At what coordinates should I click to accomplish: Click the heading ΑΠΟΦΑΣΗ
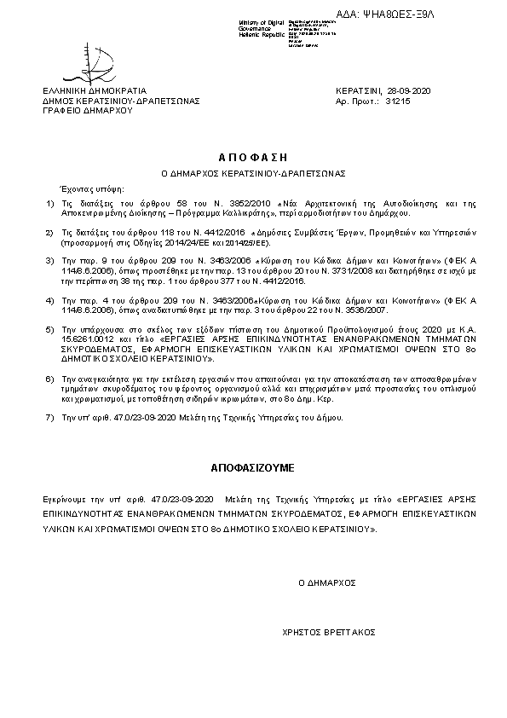(253, 157)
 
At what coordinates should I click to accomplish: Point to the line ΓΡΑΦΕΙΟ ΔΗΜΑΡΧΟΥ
(83, 110)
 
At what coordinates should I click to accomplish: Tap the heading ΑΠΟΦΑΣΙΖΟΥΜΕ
(253, 468)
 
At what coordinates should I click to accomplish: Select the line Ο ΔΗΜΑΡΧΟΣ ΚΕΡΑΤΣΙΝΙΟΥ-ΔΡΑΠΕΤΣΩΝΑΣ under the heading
(253, 173)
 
